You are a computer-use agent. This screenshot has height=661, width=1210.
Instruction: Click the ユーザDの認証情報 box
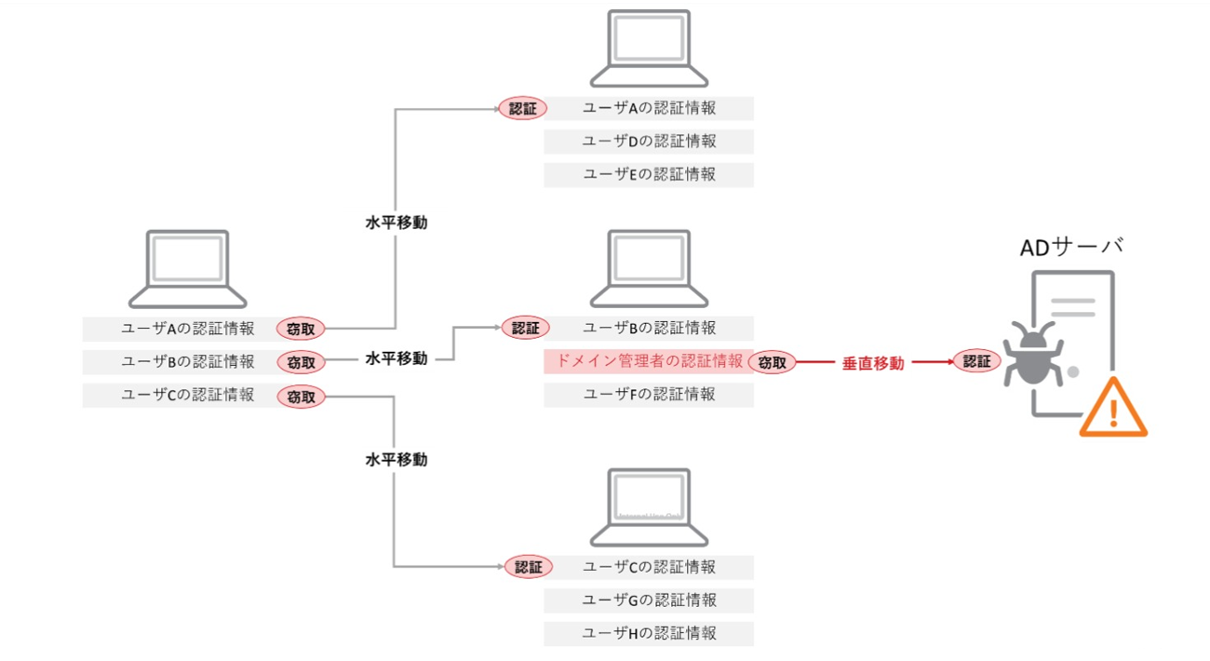pos(649,142)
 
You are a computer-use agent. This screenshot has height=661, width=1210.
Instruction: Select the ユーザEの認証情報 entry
pos(649,174)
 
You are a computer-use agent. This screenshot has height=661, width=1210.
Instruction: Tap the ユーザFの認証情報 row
pos(649,395)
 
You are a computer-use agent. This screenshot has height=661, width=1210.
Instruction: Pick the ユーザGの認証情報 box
pos(649,600)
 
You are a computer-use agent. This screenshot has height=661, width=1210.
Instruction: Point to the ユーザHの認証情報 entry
pos(649,633)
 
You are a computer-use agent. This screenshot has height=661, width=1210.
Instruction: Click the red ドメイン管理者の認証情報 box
pos(649,361)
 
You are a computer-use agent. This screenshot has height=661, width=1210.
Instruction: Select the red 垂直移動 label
pos(873,363)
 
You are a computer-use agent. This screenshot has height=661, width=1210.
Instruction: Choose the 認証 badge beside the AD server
pos(977,361)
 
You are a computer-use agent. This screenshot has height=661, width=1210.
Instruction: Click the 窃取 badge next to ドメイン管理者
pos(773,362)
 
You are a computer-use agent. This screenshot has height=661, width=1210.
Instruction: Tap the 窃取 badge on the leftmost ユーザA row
pos(301,329)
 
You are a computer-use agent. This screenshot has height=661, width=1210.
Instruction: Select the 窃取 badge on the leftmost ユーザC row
pos(301,397)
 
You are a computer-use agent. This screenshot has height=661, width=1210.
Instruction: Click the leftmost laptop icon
pos(188,269)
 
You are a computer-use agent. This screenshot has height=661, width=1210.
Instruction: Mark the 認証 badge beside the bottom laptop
pos(528,566)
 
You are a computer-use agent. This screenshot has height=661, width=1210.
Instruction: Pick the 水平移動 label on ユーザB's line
pos(397,358)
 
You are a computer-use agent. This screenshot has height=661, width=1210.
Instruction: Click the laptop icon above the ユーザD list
pos(649,48)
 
